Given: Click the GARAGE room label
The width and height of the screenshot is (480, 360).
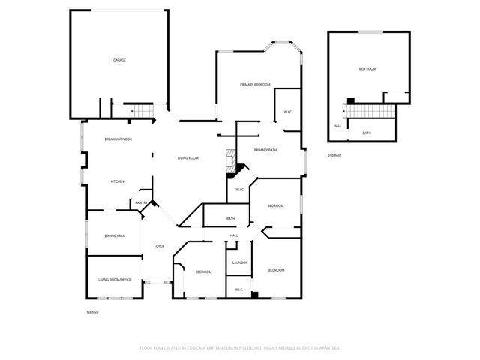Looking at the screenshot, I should pos(118,60).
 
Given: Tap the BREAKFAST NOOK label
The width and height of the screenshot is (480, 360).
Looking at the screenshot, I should pos(118,139).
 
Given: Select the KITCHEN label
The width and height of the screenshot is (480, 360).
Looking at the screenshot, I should pos(117,181).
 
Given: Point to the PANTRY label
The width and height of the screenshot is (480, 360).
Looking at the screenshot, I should pos(141,202).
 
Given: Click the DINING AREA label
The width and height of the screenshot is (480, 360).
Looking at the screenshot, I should pos(115,236).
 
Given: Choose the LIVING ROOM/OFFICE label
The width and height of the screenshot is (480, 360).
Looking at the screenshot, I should pos(115,280).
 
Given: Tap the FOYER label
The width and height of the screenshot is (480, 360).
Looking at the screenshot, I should pos(159,246).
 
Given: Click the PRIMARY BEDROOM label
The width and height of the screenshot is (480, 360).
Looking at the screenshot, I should pos(255,85).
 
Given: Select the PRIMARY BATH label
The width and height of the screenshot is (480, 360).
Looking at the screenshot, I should pos(265,151).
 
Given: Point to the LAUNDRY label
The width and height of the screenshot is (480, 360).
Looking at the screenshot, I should pos(240,262).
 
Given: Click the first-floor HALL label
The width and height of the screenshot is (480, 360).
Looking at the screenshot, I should pos(234,236).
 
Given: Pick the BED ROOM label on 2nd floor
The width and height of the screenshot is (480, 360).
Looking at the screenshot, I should pos(367,69).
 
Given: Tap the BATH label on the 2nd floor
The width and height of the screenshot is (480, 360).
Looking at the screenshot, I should pos(367,133).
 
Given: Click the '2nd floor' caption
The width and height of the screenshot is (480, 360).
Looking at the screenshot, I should pos(334,155).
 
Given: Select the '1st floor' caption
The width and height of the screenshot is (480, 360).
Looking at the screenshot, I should pos(93,311).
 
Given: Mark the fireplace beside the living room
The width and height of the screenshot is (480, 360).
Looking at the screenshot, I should pos(230,160).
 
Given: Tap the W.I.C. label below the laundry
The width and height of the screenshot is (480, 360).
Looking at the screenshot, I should pos(238,289).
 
